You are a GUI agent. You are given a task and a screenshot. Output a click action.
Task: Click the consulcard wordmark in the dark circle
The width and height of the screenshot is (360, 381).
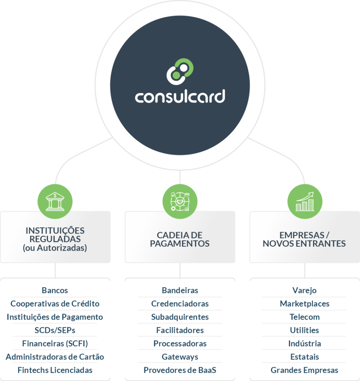[x=180, y=96]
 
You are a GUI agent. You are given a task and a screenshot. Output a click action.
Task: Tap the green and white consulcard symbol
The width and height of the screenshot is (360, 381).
[x=180, y=71]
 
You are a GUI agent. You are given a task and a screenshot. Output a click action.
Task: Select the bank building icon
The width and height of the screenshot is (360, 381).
[x=55, y=201]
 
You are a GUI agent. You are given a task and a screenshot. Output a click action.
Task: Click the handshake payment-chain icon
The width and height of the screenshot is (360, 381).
[x=180, y=201]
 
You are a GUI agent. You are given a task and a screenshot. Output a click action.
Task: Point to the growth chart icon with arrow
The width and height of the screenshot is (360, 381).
[x=305, y=201]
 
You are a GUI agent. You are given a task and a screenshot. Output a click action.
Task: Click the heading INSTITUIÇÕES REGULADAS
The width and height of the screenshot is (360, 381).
[x=55, y=235]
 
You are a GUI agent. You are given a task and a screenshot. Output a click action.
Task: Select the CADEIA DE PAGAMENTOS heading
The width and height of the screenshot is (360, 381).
[x=180, y=239]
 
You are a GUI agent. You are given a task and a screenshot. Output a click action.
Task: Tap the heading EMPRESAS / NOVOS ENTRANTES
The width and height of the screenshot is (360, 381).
[x=304, y=239]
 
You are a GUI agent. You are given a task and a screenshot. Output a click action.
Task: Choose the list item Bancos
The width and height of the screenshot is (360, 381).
[x=55, y=290]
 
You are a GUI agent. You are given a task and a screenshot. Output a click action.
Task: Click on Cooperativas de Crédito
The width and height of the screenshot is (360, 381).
[x=55, y=304]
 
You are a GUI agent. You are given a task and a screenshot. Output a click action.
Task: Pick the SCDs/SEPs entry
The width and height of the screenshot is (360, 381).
[x=55, y=330]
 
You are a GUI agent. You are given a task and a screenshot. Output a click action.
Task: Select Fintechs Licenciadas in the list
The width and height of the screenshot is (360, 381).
[x=55, y=370]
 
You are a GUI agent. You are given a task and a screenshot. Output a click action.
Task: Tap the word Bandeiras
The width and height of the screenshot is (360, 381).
[x=180, y=290]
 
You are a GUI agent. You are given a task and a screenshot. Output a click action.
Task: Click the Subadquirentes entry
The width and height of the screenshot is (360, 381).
[x=180, y=317]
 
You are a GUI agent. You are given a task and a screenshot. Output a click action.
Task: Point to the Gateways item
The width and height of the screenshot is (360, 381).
[x=180, y=357]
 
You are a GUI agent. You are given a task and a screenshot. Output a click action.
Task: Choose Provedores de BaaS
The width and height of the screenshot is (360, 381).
[x=180, y=370]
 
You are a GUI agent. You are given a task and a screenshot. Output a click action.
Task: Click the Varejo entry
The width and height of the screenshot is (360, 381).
[x=305, y=290]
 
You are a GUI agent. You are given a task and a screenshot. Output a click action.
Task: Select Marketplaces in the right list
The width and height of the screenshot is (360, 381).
[x=305, y=304]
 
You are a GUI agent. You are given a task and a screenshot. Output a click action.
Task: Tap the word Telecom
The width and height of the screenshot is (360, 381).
[x=305, y=317]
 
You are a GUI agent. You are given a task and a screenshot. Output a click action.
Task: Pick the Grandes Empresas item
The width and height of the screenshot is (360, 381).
[x=305, y=370]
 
